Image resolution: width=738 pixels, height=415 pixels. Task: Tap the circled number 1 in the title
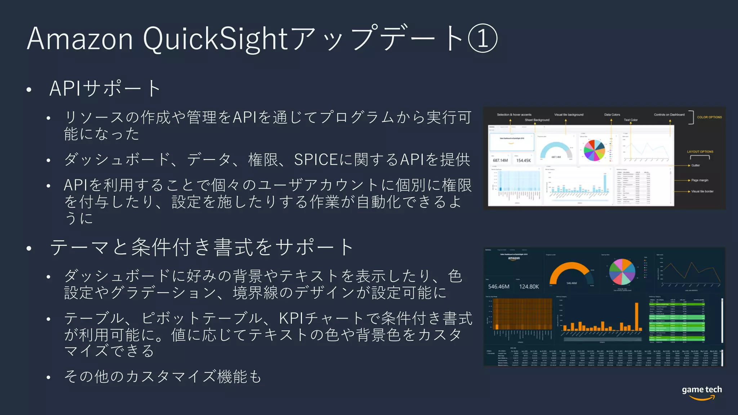click(483, 39)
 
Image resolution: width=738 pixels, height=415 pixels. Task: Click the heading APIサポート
click(105, 88)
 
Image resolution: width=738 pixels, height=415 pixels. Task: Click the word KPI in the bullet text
click(292, 318)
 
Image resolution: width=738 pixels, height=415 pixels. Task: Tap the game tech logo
click(702, 392)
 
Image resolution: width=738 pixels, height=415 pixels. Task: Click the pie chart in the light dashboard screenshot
click(594, 150)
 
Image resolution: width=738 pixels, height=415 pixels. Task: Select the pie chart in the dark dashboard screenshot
click(622, 272)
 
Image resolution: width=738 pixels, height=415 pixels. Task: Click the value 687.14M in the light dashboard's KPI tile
click(500, 160)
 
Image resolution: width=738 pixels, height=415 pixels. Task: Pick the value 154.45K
click(523, 160)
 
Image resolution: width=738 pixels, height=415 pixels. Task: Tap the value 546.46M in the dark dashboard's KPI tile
click(499, 287)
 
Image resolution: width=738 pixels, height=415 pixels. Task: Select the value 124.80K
click(529, 287)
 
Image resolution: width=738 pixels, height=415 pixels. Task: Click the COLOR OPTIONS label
click(709, 117)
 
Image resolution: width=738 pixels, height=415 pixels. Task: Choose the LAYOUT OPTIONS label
click(700, 152)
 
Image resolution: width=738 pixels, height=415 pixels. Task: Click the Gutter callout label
click(695, 165)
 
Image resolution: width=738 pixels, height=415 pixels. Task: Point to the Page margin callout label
click(700, 180)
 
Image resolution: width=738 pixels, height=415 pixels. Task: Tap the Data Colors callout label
click(612, 115)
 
